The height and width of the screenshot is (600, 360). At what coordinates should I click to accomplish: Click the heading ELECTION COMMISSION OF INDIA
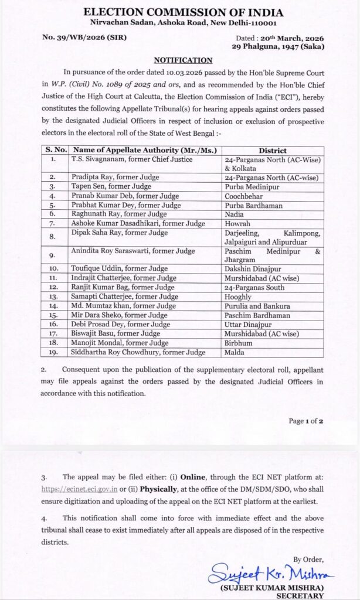(x=183, y=12)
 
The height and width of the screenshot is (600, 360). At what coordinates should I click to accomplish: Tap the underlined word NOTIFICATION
(x=183, y=60)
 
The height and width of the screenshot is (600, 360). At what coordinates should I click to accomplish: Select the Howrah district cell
(x=237, y=224)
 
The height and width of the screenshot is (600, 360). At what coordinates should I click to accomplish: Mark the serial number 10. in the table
(x=55, y=268)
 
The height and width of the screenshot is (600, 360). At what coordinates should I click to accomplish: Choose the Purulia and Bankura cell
(x=254, y=306)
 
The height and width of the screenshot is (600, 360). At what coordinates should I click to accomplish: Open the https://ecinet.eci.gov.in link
(x=79, y=487)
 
